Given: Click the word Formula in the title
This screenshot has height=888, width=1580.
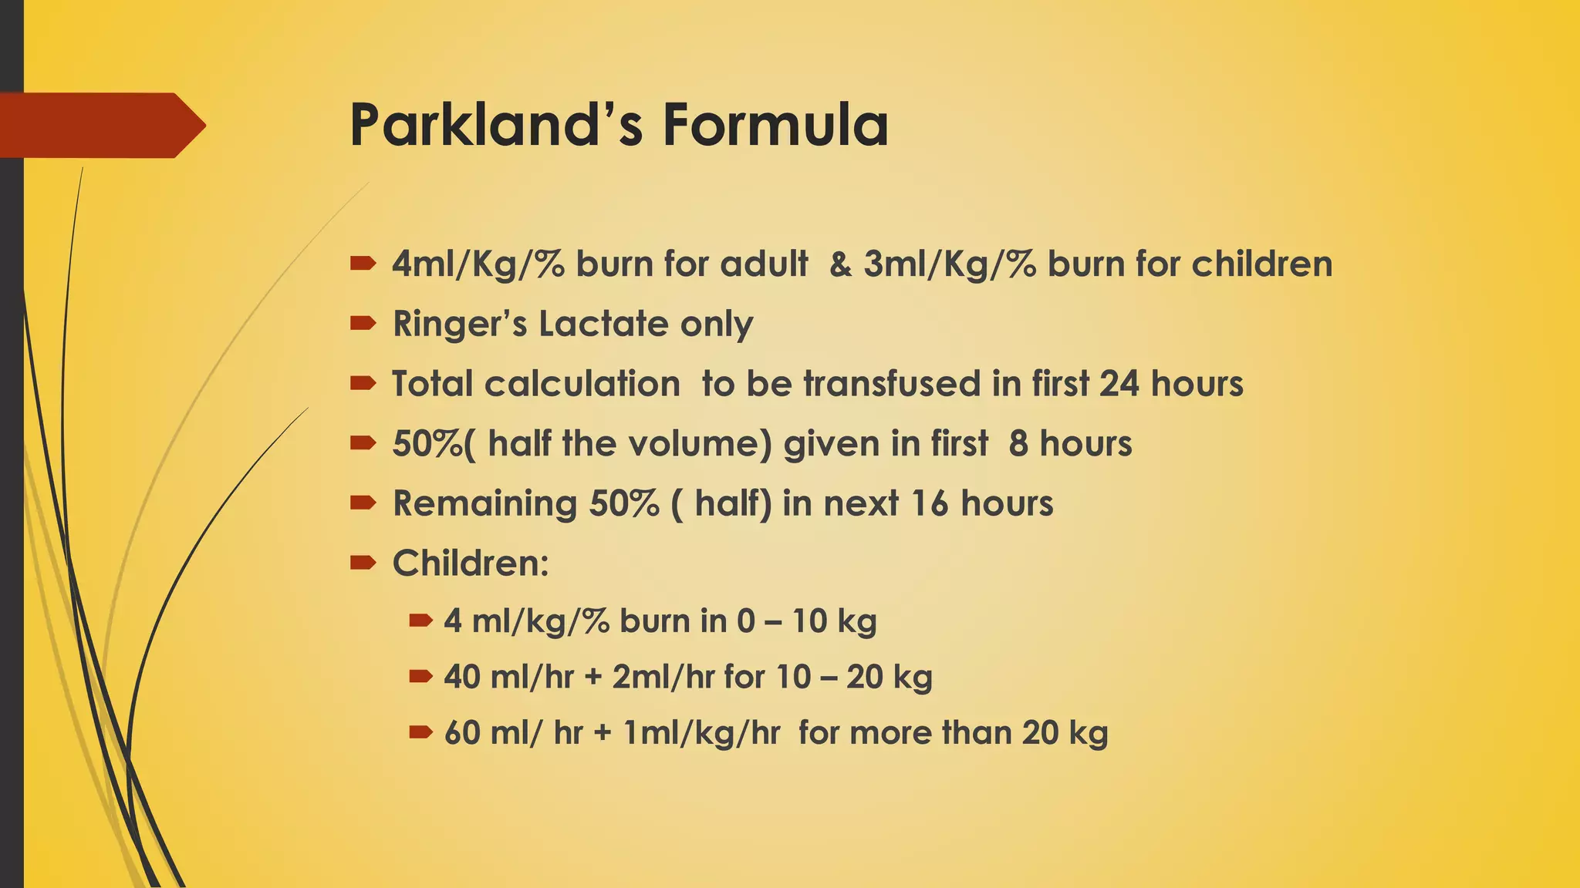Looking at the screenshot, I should click(x=775, y=125).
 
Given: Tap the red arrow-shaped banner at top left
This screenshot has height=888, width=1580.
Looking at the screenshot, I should click(x=100, y=125).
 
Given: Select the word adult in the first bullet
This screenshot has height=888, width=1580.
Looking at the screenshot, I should click(x=764, y=264).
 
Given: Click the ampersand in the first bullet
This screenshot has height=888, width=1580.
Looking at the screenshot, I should click(x=841, y=264).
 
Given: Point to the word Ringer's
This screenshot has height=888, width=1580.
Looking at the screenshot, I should click(x=458, y=324).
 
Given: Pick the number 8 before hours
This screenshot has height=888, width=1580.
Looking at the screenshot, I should click(x=1018, y=444).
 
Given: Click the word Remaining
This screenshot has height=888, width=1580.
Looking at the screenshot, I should click(x=484, y=504).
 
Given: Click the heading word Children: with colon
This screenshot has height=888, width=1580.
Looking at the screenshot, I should click(x=471, y=563).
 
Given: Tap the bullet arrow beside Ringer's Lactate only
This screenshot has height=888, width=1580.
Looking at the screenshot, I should click(x=363, y=324).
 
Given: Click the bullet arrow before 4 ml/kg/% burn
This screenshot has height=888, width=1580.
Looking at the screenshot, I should click(x=420, y=620).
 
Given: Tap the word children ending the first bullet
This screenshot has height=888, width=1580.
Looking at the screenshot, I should click(x=1262, y=264).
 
